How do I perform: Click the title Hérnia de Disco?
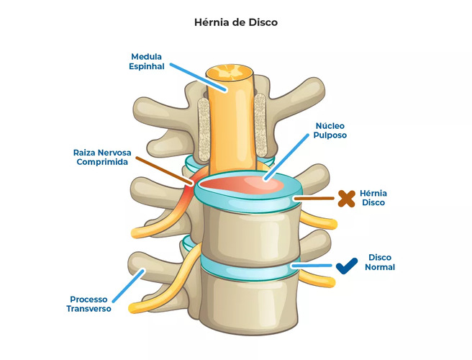click(x=236, y=22)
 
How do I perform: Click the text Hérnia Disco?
click(x=373, y=198)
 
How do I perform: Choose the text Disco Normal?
click(x=380, y=262)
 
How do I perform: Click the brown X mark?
click(x=346, y=198)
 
